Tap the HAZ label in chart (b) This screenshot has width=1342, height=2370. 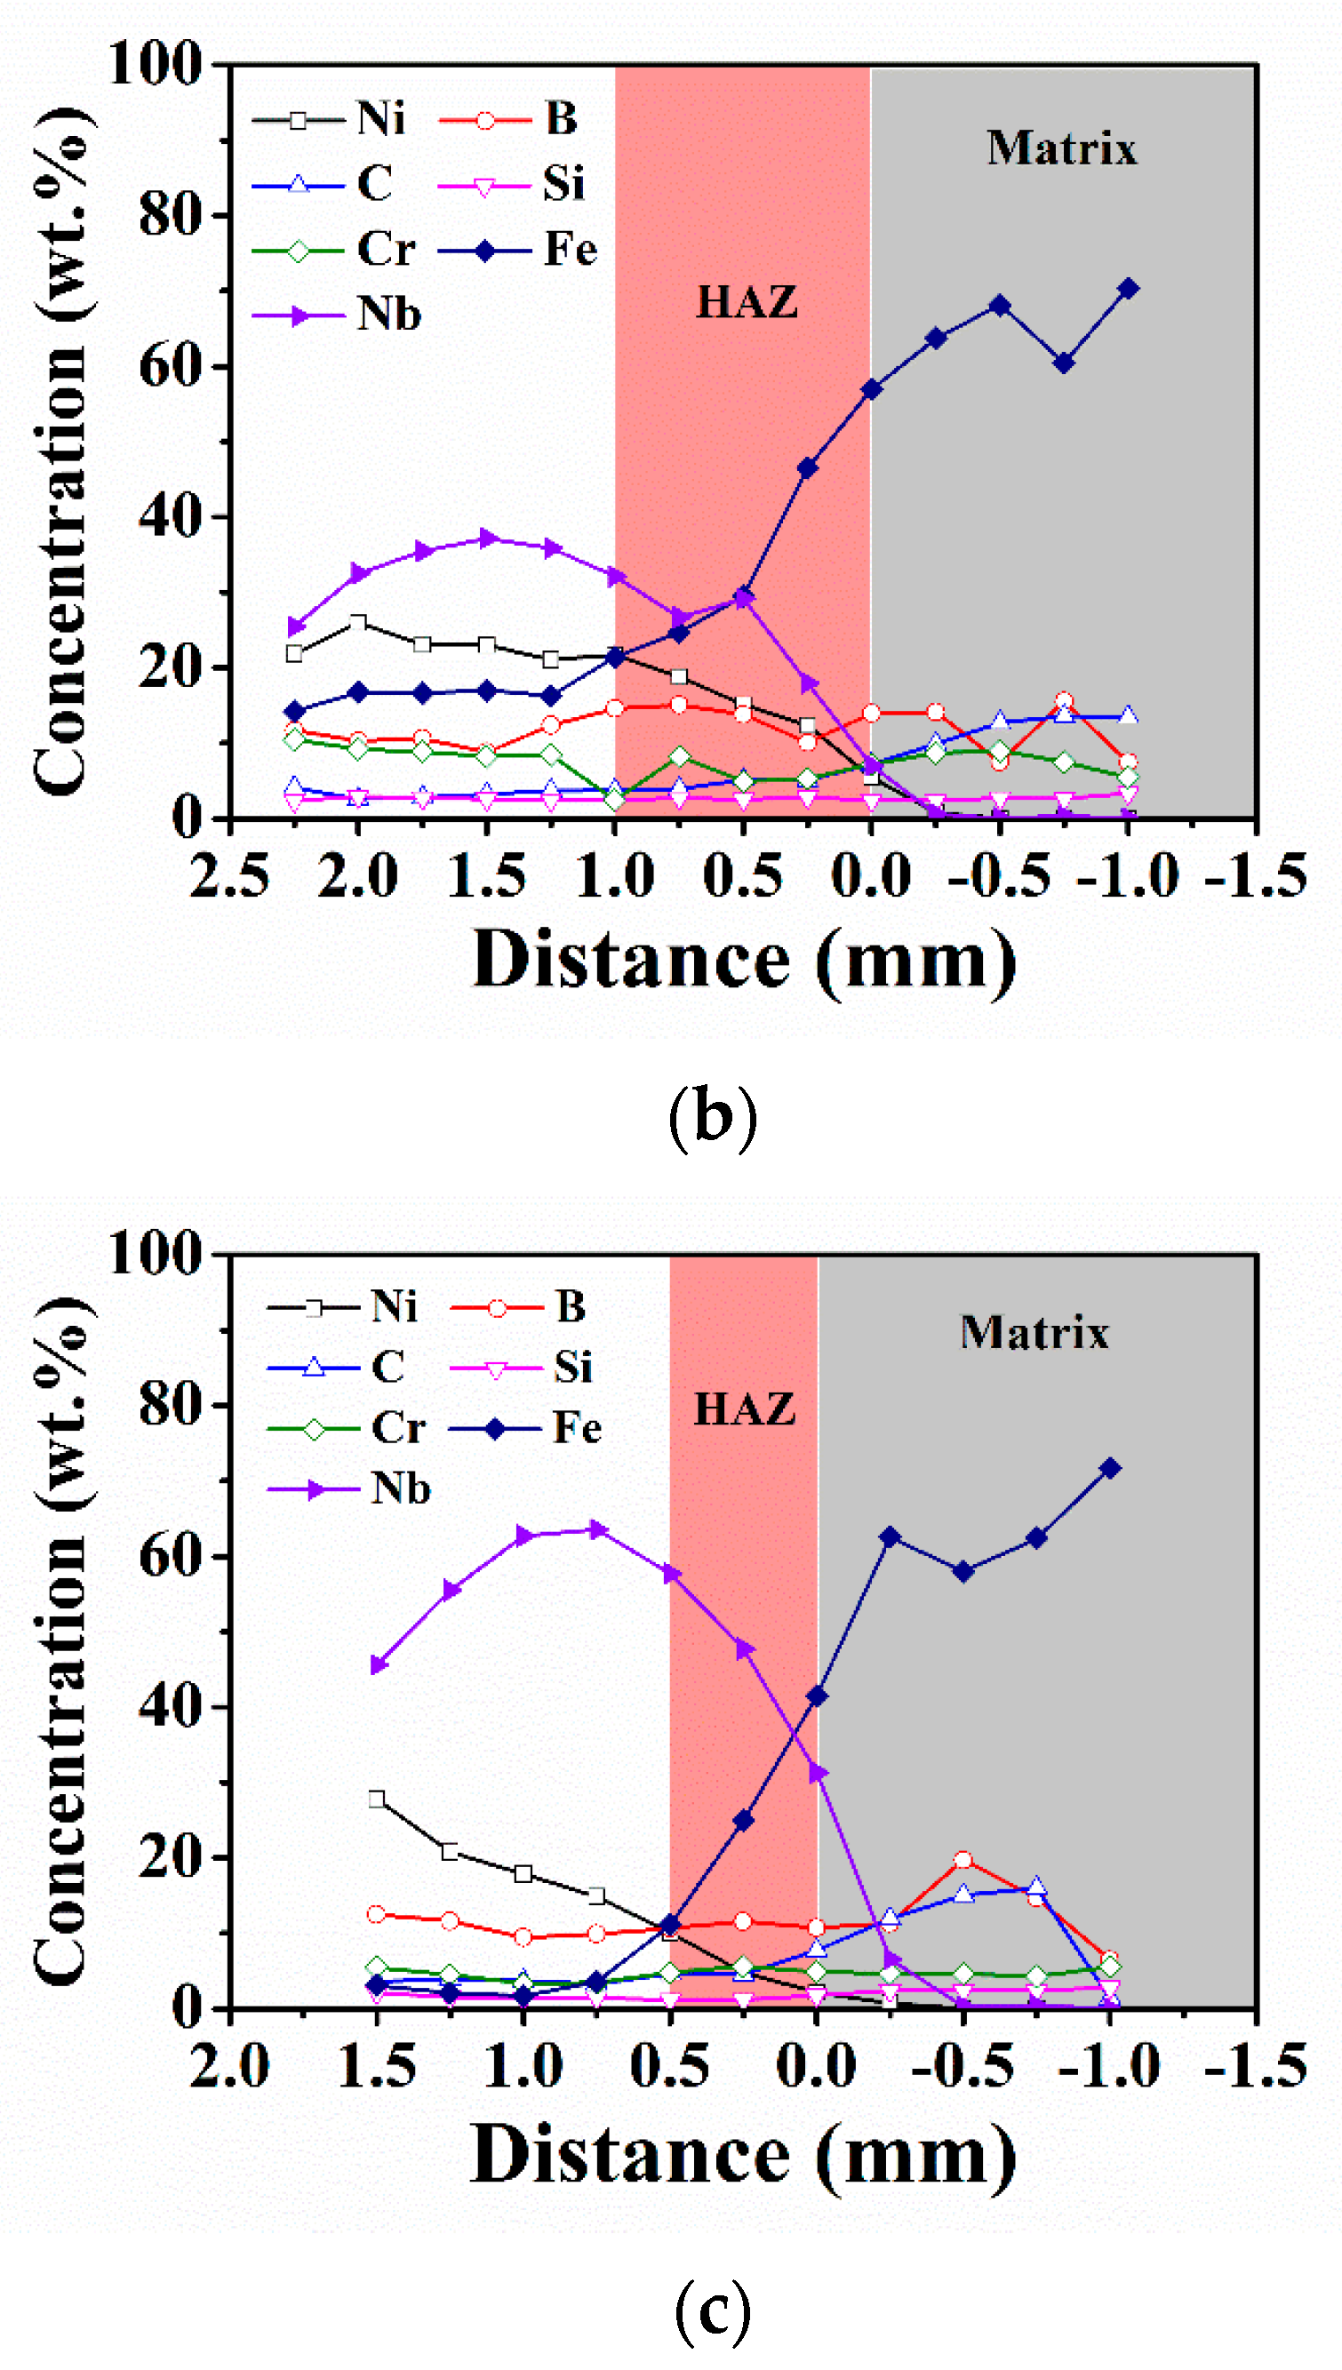746,302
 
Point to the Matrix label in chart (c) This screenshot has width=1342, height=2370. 1034,1332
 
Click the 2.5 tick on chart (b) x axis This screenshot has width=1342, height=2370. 229,876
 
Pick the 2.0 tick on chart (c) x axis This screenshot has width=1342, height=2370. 229,2066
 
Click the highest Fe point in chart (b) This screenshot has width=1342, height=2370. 1127,289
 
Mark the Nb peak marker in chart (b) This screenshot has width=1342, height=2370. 488,539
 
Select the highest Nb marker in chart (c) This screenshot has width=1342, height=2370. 597,1529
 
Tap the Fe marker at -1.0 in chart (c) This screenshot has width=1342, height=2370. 1110,1468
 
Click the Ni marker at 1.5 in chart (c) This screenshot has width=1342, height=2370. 376,1799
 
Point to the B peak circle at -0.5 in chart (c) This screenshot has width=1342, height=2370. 963,1860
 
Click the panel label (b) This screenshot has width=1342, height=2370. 712,1117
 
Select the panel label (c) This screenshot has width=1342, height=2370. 712,2307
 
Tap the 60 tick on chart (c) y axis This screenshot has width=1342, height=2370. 171,1555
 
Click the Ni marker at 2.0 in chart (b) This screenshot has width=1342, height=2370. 358,624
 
